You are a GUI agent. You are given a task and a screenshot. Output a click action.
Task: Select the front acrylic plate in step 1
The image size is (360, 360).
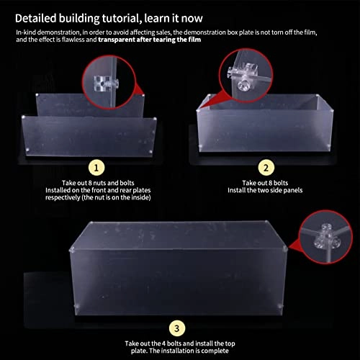coord(88,137)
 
